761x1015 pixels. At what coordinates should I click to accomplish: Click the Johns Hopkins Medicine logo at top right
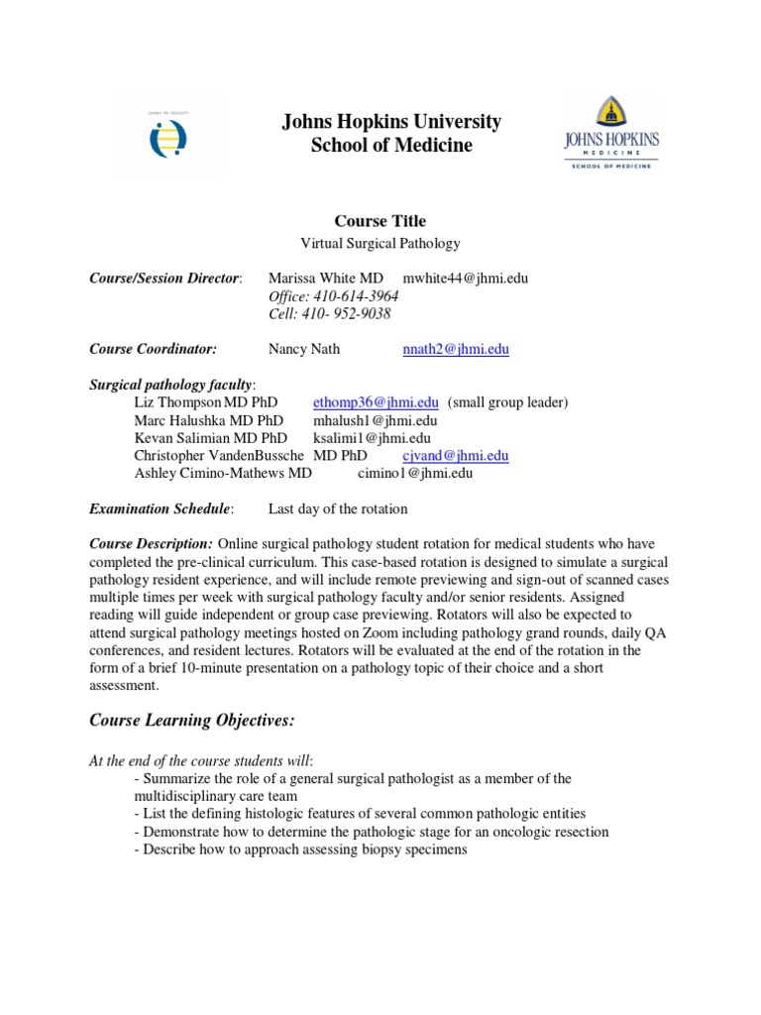tap(611, 134)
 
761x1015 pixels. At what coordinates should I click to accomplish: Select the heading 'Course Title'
tap(380, 221)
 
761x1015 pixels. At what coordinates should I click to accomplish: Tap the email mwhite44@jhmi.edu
tap(466, 279)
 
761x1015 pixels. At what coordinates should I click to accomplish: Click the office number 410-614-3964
tap(334, 296)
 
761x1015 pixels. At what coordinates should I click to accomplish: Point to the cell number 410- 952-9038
tap(330, 314)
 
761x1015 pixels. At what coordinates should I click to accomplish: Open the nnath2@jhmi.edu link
tap(456, 349)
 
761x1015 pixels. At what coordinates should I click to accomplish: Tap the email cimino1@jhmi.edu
tap(415, 474)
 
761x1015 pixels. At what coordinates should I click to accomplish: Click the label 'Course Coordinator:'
tap(153, 349)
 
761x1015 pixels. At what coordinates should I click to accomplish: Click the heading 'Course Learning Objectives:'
tap(192, 721)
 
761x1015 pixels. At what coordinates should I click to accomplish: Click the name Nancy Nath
tap(304, 349)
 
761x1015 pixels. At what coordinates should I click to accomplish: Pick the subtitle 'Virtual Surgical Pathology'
tap(380, 243)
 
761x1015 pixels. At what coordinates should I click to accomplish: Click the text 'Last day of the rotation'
tap(338, 509)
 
